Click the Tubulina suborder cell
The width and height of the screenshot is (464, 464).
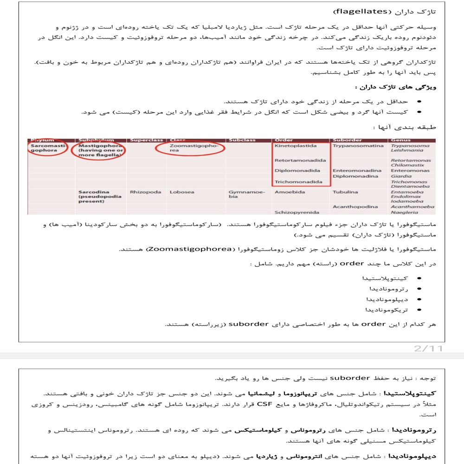(345, 192)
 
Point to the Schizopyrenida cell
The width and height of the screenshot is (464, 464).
(296, 212)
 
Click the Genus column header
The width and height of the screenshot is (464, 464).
(400, 140)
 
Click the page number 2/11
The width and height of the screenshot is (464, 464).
(428, 348)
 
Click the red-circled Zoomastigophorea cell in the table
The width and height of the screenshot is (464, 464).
(190, 148)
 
